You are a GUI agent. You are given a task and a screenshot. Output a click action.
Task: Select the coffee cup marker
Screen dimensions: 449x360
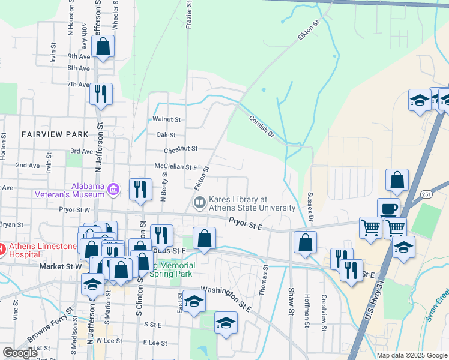pos(388,209)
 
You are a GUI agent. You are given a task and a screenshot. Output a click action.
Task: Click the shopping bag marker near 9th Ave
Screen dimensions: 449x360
pos(103,46)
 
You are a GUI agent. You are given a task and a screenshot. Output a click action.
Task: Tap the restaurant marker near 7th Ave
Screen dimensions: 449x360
pos(101,94)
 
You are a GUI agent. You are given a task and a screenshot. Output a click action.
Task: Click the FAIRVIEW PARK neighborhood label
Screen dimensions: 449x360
pos(55,134)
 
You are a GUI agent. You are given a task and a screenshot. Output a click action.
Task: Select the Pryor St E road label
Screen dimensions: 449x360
pos(246,224)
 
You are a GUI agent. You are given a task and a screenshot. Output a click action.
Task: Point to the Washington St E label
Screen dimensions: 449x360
pos(225,296)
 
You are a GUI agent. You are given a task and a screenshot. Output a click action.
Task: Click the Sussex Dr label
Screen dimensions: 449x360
pos(310,205)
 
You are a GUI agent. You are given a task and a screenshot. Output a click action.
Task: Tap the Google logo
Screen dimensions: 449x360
pos(20,353)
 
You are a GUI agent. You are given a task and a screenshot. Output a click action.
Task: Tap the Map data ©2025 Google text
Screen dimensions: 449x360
pos(411,355)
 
